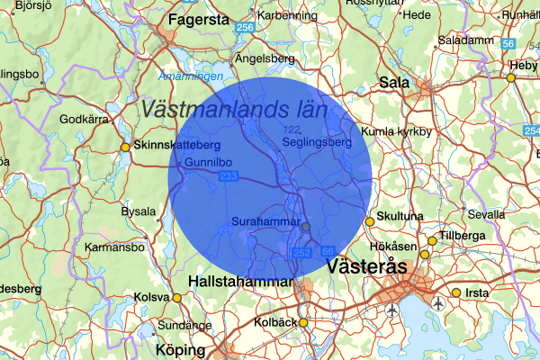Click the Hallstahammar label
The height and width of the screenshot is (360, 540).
coord(240,282)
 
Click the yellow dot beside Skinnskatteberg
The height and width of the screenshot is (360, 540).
coord(125,147)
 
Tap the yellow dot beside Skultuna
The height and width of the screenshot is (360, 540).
coord(369,222)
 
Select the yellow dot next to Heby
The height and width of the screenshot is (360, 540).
coord(511,78)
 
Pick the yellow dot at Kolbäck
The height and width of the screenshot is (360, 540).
coord(303,322)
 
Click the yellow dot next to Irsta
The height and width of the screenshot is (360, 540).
coord(456,293)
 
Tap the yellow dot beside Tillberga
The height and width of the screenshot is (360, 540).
coord(432,240)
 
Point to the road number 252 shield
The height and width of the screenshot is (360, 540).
coord(301,255)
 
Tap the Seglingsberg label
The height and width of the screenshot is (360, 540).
coord(316,142)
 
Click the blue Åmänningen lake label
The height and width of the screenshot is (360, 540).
coord(190,76)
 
